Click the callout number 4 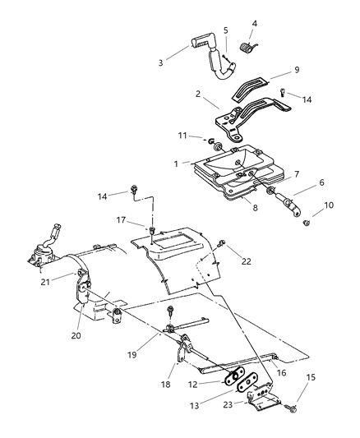[x=254, y=24]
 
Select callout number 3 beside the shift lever [x=160, y=62]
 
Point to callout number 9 [x=297, y=70]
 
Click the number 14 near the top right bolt [x=307, y=99]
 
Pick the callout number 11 [x=182, y=136]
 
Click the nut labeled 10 [x=307, y=223]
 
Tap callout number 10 [x=329, y=205]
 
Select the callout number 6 [x=321, y=182]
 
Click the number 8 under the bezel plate [x=255, y=208]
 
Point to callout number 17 [x=121, y=220]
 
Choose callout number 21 [x=45, y=282]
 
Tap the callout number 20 [x=76, y=335]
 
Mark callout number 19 [x=132, y=355]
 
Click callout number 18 [x=166, y=385]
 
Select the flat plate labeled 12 [x=234, y=376]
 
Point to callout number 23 [x=228, y=404]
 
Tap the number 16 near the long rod [x=282, y=372]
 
